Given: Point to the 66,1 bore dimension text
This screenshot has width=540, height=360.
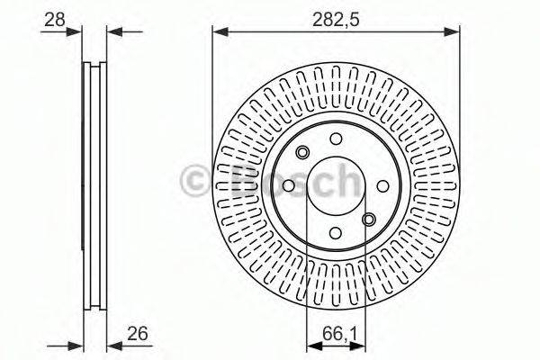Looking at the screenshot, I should [336, 338].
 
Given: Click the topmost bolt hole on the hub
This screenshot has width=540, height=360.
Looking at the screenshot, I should [335, 139].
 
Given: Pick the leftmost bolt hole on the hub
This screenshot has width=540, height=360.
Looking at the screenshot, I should [288, 185].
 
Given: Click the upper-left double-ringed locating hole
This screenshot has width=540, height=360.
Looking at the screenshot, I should [302, 152].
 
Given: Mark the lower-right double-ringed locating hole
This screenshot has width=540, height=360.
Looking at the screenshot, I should [368, 218].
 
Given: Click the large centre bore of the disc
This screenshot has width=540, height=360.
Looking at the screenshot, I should [335, 185].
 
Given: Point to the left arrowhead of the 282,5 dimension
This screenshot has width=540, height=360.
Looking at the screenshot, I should [218, 33].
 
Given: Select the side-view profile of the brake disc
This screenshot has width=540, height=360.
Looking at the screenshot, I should [93, 185].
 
